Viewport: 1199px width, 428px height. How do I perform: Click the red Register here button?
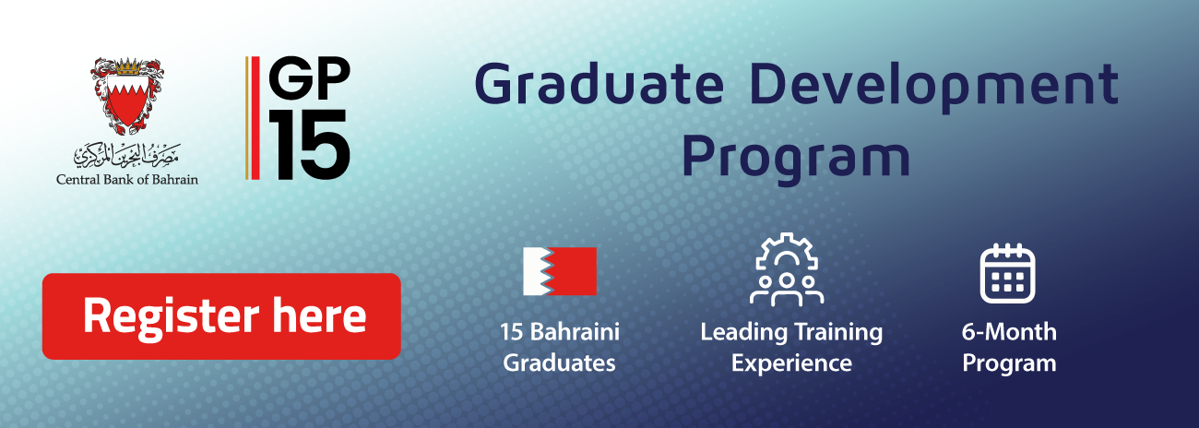click(221, 316)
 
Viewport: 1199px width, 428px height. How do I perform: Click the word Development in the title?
click(934, 86)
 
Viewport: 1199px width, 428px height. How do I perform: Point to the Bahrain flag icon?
click(560, 271)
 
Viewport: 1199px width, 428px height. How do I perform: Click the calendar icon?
click(1007, 273)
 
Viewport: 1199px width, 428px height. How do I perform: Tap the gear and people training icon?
click(787, 269)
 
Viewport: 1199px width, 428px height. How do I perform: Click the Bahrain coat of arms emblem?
click(127, 96)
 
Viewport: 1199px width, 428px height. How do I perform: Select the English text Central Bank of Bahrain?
click(127, 180)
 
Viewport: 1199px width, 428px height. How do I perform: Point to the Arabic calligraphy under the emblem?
click(127, 155)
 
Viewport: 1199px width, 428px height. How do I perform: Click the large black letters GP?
click(309, 78)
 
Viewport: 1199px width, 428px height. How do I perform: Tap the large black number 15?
click(309, 145)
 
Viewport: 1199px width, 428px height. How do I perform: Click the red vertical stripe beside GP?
click(255, 118)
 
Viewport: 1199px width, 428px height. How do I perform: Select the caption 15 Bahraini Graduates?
click(560, 347)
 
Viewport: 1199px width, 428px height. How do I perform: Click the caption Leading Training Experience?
click(791, 347)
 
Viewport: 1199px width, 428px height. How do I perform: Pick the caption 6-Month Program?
click(1009, 347)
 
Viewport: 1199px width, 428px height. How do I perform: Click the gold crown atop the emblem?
click(127, 66)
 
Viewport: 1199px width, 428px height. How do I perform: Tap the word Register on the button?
click(172, 317)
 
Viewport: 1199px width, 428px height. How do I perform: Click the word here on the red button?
click(319, 315)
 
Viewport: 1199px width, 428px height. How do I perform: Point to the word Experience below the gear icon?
click(791, 363)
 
